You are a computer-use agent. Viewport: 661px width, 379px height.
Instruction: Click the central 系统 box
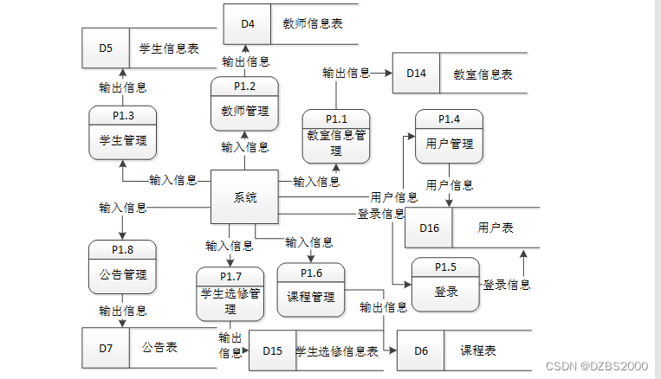tap(245, 197)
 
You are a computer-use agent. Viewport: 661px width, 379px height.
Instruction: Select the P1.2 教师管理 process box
tap(245, 103)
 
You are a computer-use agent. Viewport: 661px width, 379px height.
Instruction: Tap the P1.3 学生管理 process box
tap(122, 132)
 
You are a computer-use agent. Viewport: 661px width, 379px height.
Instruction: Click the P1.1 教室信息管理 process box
tap(335, 136)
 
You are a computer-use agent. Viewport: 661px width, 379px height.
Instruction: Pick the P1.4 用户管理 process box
tap(449, 136)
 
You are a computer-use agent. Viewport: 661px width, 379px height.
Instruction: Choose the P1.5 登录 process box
tap(444, 285)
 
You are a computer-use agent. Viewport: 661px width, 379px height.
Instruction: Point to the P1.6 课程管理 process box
tap(310, 289)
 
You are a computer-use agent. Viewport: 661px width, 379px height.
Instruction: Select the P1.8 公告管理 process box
tap(122, 267)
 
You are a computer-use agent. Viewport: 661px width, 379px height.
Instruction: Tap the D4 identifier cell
tap(247, 23)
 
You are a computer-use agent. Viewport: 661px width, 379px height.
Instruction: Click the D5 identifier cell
tap(106, 48)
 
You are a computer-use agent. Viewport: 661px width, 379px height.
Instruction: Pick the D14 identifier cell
tap(416, 74)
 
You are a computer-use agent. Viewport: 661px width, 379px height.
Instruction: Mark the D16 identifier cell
tap(429, 228)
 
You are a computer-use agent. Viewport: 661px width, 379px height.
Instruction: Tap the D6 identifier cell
tap(421, 350)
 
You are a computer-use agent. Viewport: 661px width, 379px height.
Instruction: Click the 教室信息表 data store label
tap(483, 74)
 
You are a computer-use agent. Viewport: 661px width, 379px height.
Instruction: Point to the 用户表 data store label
tap(495, 228)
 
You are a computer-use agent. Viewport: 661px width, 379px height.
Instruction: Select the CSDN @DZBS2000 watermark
tap(597, 366)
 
